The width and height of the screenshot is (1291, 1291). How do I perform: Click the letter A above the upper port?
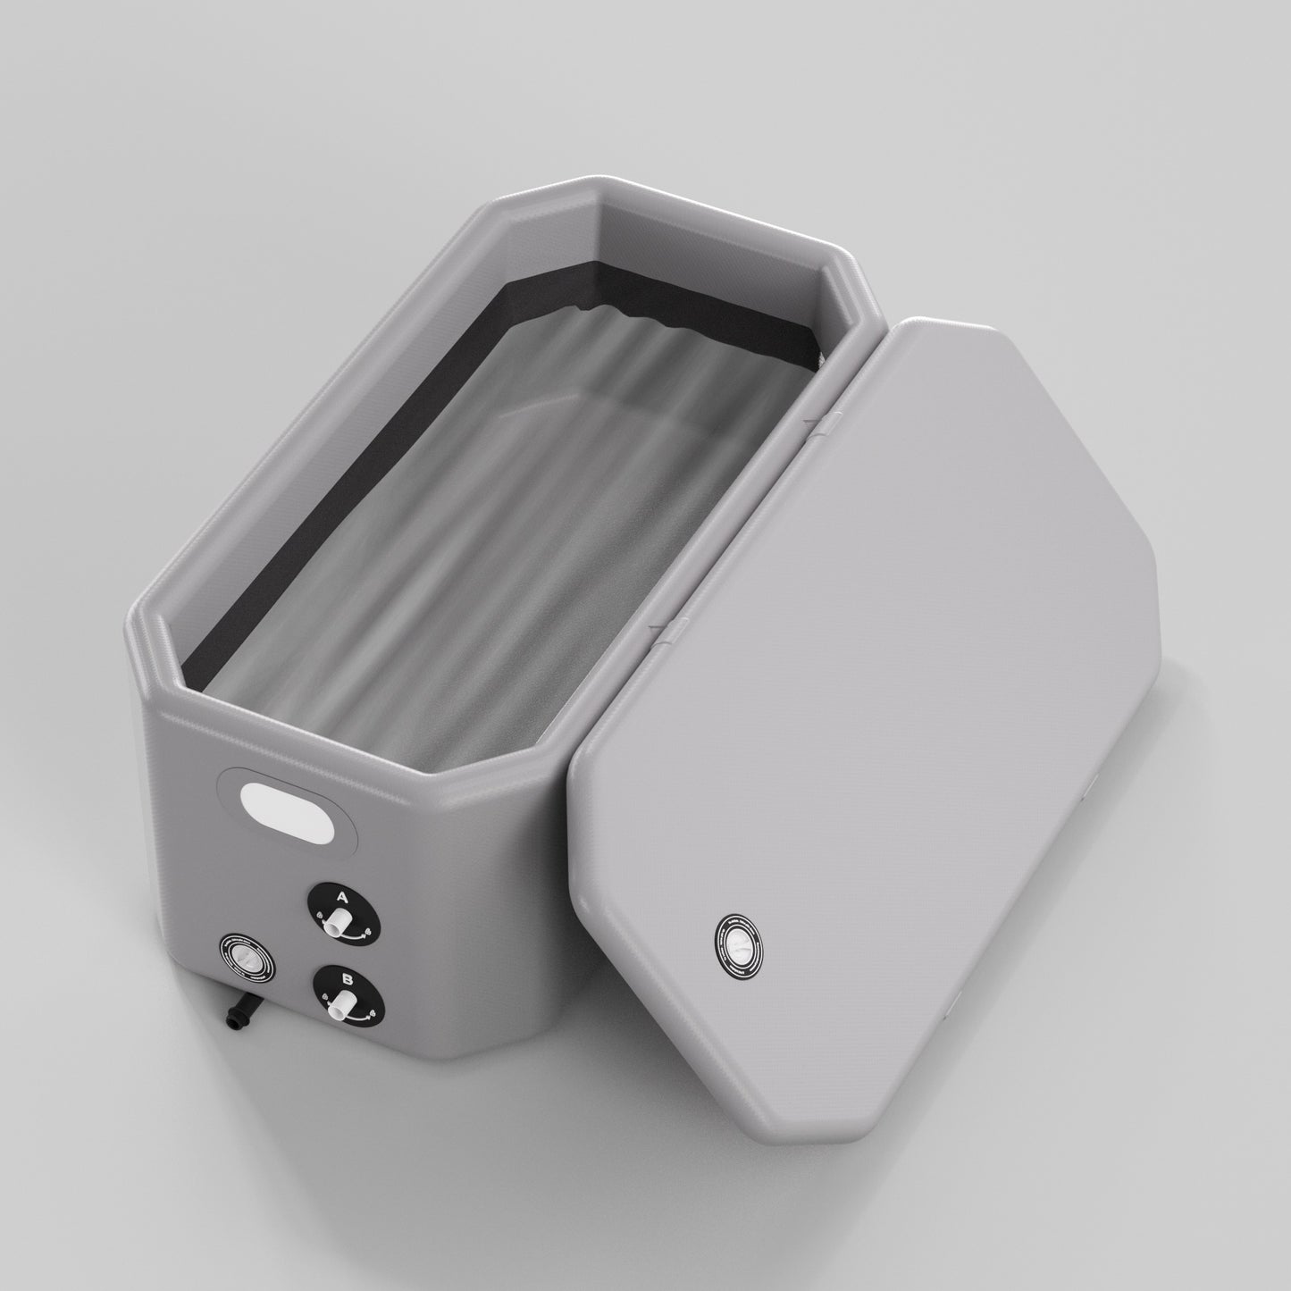[340, 896]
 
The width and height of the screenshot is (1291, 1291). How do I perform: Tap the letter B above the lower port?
[348, 979]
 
